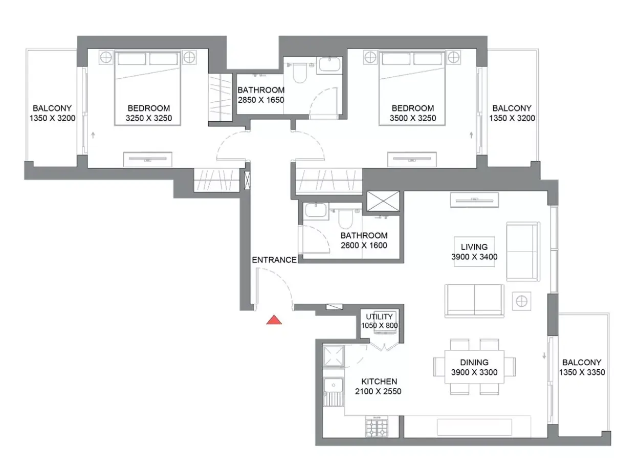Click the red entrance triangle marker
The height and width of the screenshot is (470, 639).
274,320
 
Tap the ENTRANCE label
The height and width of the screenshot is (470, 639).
274,260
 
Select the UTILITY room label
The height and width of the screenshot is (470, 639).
379,317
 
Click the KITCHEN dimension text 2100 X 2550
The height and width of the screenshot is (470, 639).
378,391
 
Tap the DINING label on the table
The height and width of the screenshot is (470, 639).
474,363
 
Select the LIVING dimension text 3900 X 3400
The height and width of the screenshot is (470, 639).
474,257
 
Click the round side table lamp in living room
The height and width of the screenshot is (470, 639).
521,301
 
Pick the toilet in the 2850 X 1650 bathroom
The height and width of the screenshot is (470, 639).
299,73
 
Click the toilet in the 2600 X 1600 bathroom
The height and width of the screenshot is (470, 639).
345,219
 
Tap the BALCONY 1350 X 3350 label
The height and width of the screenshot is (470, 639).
582,367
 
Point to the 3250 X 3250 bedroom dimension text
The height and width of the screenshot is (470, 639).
149,118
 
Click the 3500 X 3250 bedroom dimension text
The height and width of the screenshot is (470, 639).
413,118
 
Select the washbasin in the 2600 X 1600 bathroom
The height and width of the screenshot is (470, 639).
316,210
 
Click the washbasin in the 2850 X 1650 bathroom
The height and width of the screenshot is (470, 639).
330,64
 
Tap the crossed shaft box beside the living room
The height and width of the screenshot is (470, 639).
383,201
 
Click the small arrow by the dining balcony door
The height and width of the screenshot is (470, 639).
544,355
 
